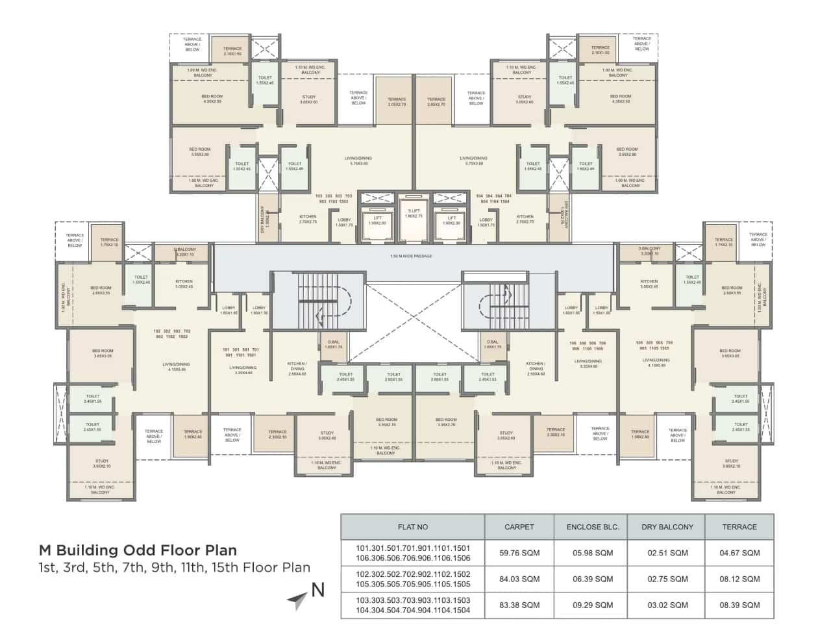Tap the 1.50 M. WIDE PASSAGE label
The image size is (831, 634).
(x=411, y=256)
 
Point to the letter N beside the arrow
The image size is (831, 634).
(x=317, y=590)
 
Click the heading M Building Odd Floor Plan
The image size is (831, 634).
(x=138, y=551)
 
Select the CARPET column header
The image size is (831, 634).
(x=519, y=527)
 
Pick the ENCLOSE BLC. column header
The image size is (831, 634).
(x=593, y=527)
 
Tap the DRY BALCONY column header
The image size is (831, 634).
(x=667, y=527)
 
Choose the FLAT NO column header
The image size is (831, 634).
(x=413, y=527)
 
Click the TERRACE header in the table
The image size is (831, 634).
(x=739, y=527)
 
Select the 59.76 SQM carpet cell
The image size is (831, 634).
(x=519, y=553)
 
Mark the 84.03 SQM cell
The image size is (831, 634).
(x=519, y=579)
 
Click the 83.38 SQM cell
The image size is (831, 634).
(x=519, y=605)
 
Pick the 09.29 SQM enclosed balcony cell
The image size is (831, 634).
(x=593, y=605)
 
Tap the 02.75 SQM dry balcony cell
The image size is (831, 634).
(x=667, y=579)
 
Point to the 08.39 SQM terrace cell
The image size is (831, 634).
(x=739, y=605)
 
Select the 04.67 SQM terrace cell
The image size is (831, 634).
(x=739, y=553)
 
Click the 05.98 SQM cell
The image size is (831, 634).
(x=593, y=553)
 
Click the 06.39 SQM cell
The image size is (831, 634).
(x=593, y=579)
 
